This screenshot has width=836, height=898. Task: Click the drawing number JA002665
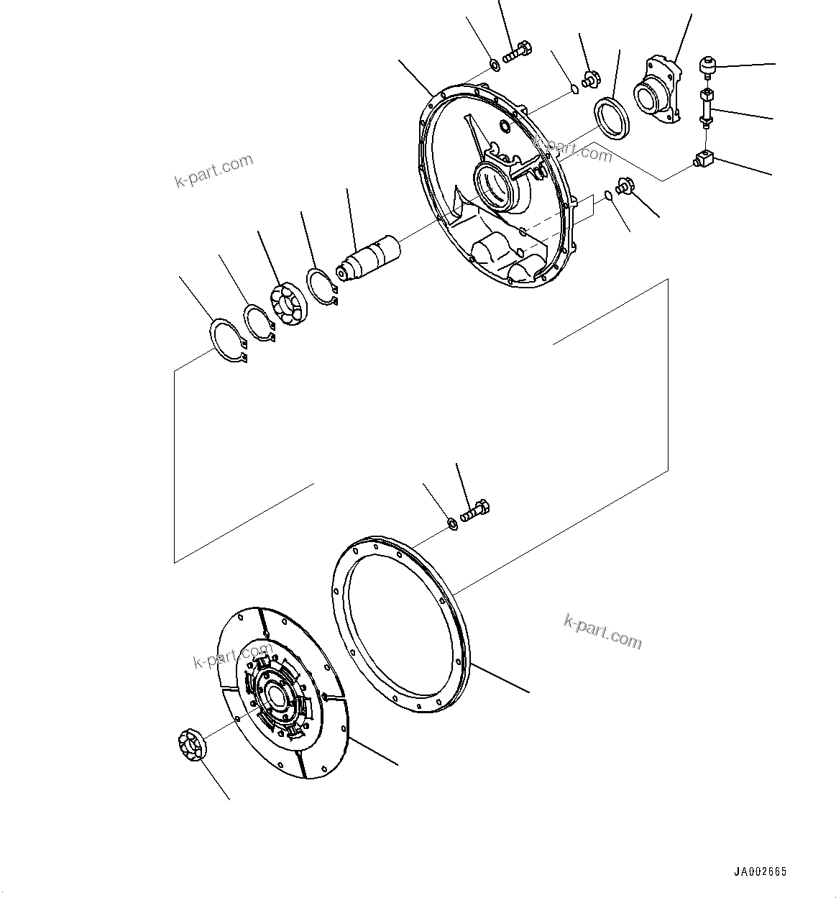click(760, 872)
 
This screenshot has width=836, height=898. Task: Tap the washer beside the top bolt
click(495, 66)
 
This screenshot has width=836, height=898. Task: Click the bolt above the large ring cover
click(474, 513)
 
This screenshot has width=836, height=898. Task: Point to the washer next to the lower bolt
click(451, 523)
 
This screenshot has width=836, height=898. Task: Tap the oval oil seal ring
click(612, 115)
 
